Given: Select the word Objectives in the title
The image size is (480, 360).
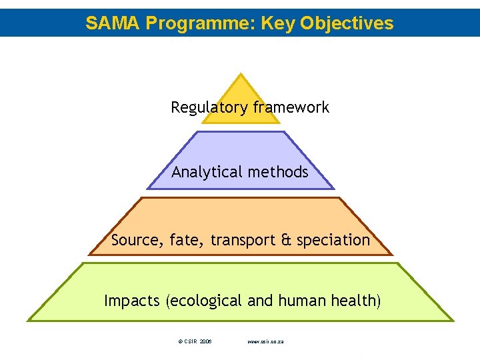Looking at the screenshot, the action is [347, 24].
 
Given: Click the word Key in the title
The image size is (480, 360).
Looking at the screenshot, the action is [278, 24].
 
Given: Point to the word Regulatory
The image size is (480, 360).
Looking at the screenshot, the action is [203, 107].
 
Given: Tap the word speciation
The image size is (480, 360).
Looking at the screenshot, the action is [333, 240].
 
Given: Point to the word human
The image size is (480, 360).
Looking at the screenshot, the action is [305, 301].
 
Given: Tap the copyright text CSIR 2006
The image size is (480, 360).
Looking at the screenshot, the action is [195, 341].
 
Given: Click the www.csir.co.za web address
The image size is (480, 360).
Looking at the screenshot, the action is [266, 341].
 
